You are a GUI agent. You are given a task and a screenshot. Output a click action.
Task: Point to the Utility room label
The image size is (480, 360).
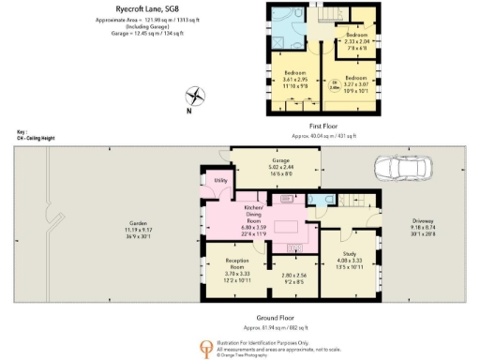click(221, 179)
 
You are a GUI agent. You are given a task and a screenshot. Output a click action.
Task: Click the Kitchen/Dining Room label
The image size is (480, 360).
click(255, 218)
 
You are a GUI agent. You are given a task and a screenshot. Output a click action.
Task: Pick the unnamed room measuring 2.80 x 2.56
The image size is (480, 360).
click(293, 277)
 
